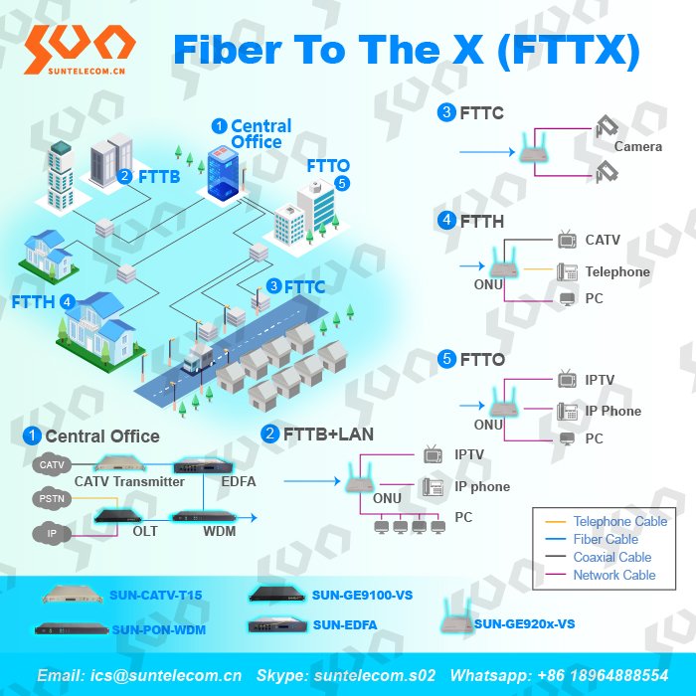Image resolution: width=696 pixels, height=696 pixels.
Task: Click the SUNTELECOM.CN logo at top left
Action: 79,50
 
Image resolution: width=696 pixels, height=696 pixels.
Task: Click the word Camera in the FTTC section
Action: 637,146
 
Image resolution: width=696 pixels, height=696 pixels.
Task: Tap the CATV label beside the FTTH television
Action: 603,240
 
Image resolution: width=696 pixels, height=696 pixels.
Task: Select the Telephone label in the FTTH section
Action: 617,271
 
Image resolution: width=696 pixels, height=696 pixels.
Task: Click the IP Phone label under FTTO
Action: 612,411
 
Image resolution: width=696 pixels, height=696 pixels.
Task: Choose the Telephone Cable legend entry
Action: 620,521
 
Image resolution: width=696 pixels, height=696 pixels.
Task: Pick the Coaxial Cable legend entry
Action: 612,557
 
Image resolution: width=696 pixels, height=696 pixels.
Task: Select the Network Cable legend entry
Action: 614,575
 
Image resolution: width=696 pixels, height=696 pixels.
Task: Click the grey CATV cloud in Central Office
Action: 50,464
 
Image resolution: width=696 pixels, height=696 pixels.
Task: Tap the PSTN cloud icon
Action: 50,498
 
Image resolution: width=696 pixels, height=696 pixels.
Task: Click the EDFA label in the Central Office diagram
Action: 238,481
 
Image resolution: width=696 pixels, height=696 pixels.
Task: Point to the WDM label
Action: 219,532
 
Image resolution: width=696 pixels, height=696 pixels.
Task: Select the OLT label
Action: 145,532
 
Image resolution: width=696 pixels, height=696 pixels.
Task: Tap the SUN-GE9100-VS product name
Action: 362,595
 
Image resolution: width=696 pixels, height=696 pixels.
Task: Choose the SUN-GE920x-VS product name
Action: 524,624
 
